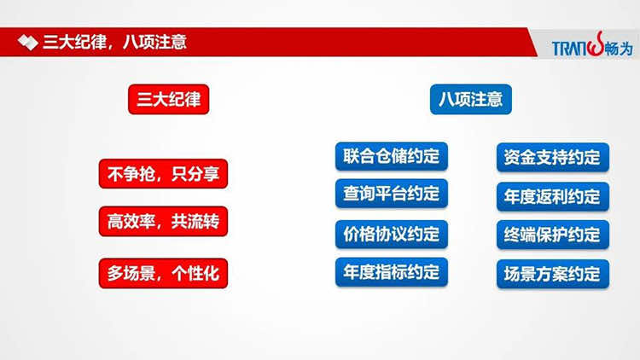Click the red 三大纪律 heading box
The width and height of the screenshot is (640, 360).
coord(169,99)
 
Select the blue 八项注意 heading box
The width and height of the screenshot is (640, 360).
coord(470,99)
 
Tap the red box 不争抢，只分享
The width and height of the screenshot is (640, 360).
coord(163,174)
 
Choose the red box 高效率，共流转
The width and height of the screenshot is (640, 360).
coord(163,221)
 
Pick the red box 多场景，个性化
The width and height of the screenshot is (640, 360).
coord(163,273)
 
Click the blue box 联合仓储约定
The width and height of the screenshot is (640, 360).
coord(392,156)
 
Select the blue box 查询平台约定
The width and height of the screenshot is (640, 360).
coord(392,194)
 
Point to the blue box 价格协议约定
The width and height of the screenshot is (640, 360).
coord(392,235)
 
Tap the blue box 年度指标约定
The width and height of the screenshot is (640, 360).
coord(392,272)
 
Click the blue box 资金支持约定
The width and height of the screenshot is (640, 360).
coord(553,157)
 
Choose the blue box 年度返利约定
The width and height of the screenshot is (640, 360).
coord(553,197)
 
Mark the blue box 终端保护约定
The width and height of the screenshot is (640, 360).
coord(553,235)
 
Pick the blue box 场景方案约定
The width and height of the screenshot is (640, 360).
coord(553,274)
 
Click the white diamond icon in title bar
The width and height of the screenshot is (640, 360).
coord(28,43)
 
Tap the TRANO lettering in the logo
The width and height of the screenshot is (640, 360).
coord(570,49)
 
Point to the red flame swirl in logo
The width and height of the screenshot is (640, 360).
coord(596,44)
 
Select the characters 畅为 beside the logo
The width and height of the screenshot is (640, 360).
coord(619,49)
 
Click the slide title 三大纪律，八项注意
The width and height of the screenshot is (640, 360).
coord(114,42)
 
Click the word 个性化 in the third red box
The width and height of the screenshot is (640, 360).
coord(195,274)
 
